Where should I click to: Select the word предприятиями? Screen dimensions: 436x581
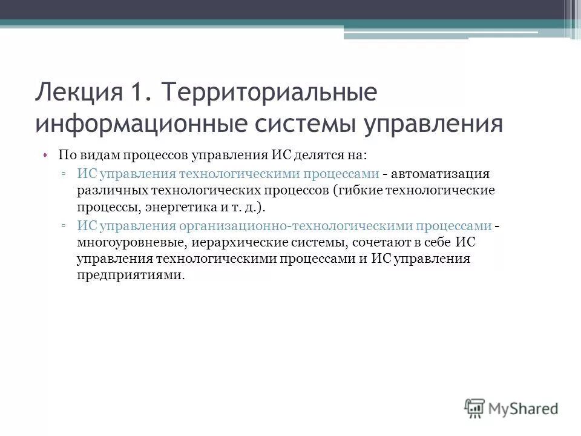pos(130,276)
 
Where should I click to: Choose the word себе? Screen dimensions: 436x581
pos(427,243)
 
